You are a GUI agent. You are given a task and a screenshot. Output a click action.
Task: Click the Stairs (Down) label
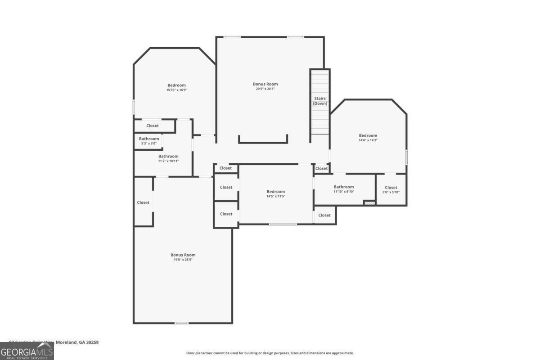pos(320,101)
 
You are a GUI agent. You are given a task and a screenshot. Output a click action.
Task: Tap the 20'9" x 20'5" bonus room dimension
pos(265,89)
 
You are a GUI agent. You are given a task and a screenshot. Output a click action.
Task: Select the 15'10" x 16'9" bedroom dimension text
pos(176,90)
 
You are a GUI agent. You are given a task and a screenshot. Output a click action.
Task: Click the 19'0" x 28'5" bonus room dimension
pos(183,260)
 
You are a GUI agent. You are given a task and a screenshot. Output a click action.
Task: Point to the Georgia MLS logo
pos(27,351)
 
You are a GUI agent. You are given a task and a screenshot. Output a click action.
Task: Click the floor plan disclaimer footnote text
pos(270,353)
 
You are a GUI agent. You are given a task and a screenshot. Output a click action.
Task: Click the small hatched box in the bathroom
pos(369,203)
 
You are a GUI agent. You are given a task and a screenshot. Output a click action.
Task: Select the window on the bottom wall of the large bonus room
pos(181,323)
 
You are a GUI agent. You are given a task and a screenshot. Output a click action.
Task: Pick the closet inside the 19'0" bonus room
pos(143,202)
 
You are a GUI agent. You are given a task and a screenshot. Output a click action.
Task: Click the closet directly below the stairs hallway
pos(321,168)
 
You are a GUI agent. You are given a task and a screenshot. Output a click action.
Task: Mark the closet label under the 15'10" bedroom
pos(153,126)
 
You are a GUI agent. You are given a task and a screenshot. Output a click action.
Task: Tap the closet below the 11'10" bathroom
pos(324,215)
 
